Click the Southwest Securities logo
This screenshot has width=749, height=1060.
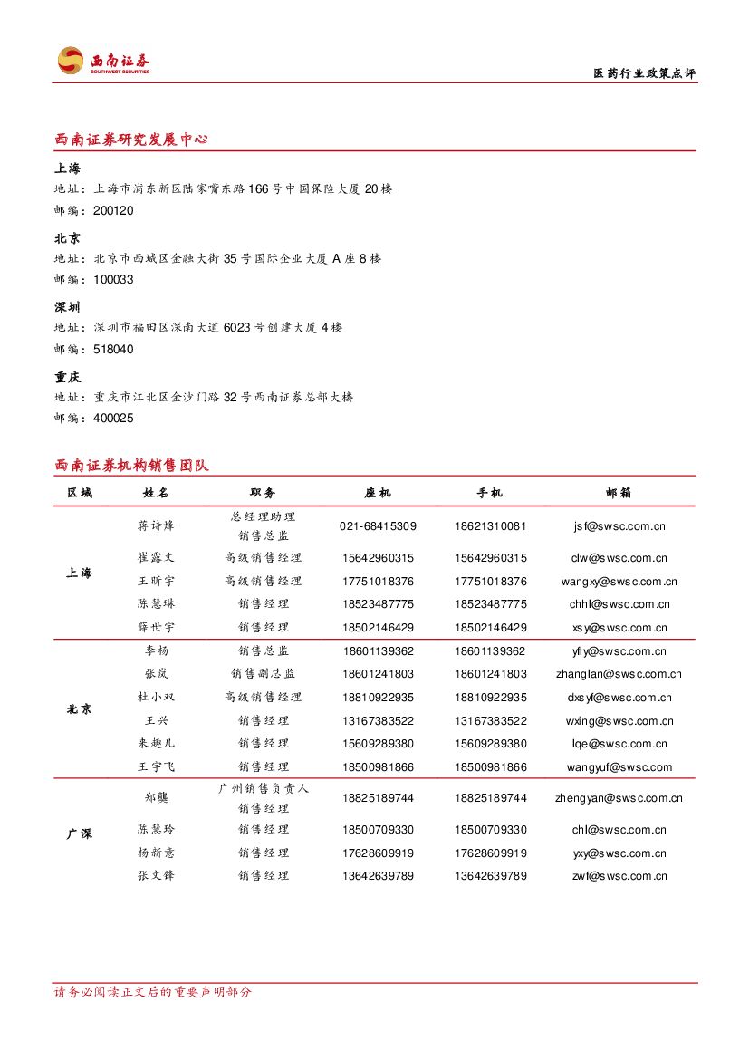[x=102, y=61]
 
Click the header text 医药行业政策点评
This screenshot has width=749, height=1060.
[x=644, y=74]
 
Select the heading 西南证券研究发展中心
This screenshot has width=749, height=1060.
[x=131, y=140]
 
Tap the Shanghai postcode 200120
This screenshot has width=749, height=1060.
[x=113, y=210]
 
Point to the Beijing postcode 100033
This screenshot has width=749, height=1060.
[x=113, y=280]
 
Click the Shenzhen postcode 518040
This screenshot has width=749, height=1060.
[x=113, y=349]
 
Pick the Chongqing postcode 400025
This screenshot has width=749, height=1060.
[x=113, y=419]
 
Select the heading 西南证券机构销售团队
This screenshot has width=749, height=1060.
[x=131, y=466]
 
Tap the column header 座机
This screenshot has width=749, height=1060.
[x=378, y=493]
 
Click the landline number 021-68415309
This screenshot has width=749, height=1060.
[x=378, y=526]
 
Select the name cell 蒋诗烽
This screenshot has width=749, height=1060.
[x=156, y=526]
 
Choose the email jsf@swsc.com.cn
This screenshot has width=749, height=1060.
[x=619, y=526]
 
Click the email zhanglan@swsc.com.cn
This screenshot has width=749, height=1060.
[x=619, y=674]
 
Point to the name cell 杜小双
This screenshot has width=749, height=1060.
[x=156, y=698]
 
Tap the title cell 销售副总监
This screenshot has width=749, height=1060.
[x=263, y=674]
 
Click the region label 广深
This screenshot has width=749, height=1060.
[x=80, y=834]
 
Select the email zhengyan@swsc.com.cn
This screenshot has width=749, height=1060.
[x=619, y=798]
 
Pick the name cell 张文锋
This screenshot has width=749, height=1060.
[x=156, y=876]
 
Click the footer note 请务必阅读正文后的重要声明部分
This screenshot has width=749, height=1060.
[x=153, y=992]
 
